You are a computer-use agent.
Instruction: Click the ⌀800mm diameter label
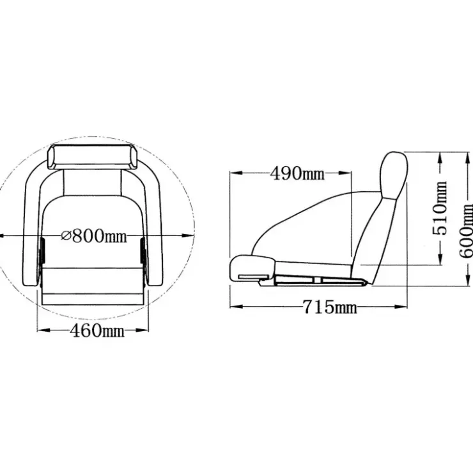pos(94,236)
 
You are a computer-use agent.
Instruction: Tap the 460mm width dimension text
pos(97,330)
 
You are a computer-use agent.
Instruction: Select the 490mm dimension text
pos(297,173)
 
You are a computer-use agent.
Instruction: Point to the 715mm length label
pos(330,307)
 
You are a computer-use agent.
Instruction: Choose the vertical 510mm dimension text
pos(440,208)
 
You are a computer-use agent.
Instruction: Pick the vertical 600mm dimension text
pos(466,231)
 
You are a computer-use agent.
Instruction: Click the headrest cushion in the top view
pos(91,157)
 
